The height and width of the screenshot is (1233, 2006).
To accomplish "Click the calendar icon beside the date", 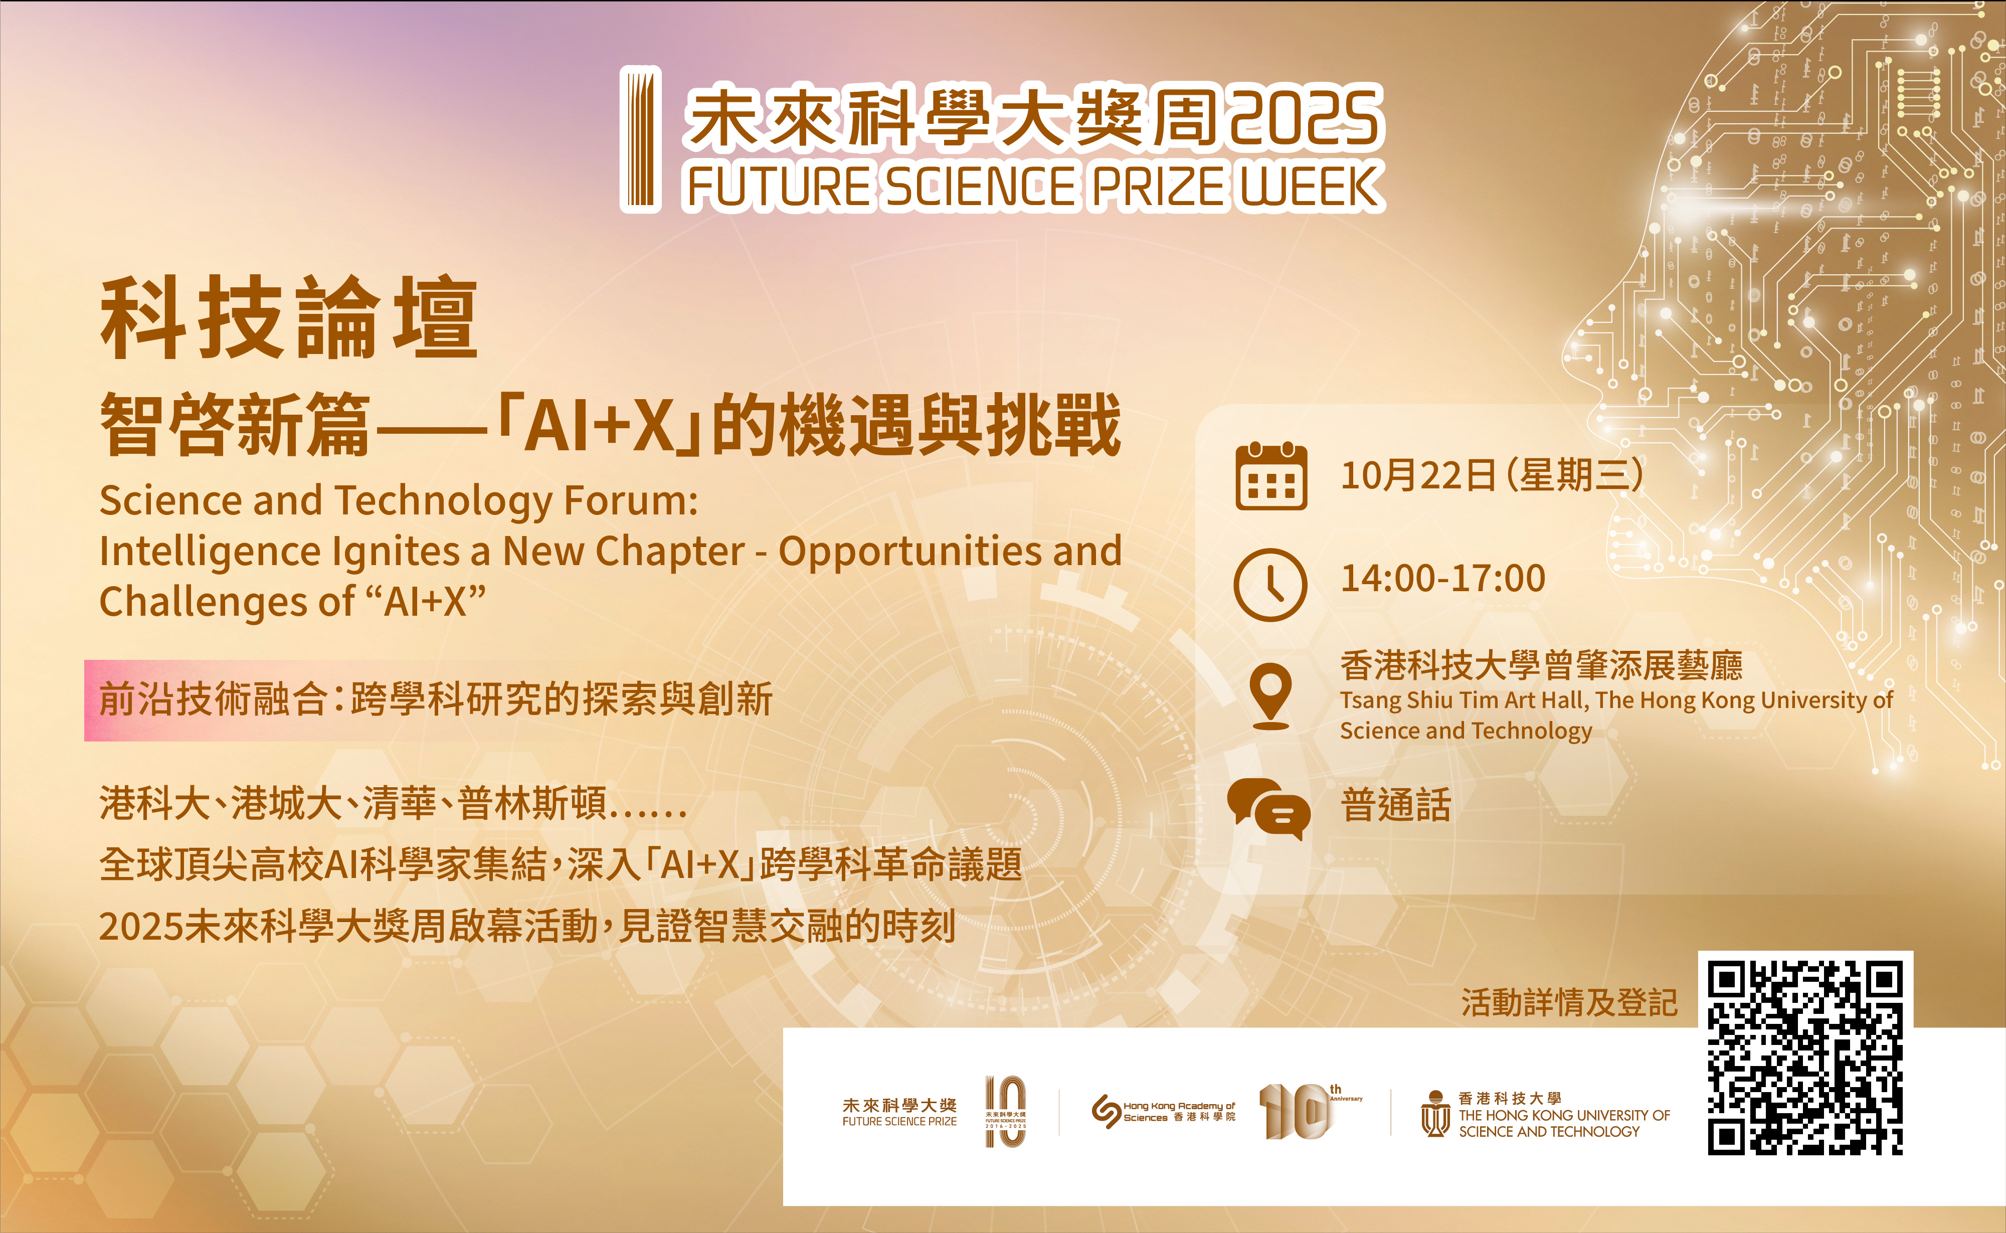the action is tap(1270, 476).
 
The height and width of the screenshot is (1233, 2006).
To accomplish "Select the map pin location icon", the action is tap(1270, 695).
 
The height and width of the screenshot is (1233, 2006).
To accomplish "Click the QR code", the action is tap(1805, 1058).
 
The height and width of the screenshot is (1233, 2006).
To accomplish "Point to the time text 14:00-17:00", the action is tap(1442, 578).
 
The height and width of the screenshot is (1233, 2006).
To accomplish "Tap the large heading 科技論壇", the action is tap(289, 317).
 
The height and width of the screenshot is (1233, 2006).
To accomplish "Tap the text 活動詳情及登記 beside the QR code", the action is tap(1569, 1002).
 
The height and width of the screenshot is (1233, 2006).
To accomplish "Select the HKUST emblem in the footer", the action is tap(1435, 1114).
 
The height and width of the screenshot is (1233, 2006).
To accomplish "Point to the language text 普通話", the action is tap(1396, 805).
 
